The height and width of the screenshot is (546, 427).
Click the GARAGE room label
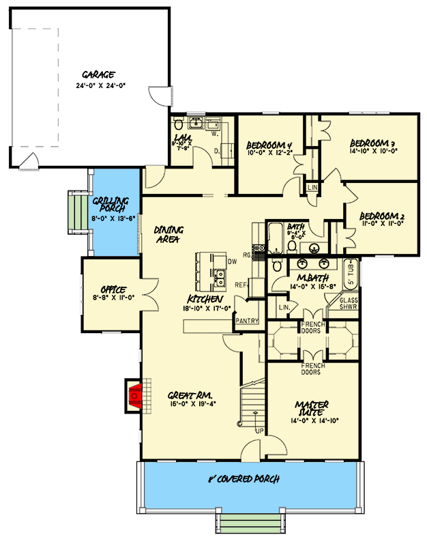[x=98, y=75]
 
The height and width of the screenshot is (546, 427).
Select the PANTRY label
[x=246, y=320]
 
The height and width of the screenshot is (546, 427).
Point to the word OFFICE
[x=111, y=289]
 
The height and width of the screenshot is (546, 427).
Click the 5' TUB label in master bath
[x=352, y=274]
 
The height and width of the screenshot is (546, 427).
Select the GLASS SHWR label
[x=349, y=303]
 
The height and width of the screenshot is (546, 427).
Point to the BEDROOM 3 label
[x=372, y=143]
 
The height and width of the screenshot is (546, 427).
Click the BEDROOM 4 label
[x=269, y=144]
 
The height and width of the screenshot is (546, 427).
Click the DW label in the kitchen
[x=232, y=261]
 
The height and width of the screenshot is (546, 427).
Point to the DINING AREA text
[x=167, y=234]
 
